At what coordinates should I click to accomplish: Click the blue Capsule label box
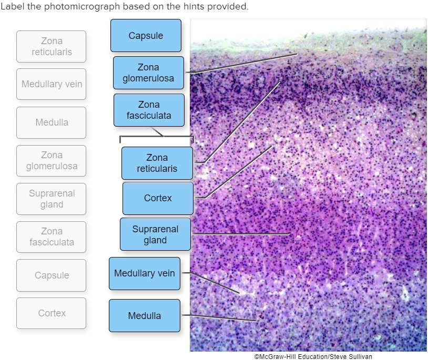(146, 36)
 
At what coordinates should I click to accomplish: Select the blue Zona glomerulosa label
(148, 73)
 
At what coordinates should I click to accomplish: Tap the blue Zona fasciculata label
(149, 110)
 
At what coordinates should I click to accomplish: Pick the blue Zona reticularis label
(157, 163)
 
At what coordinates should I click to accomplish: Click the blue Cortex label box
(158, 198)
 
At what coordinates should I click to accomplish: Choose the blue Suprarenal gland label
(155, 234)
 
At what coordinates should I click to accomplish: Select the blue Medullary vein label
(145, 273)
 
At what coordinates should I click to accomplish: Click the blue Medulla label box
(145, 316)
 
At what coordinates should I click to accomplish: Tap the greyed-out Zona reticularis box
(52, 47)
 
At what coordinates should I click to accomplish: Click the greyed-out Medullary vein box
(52, 84)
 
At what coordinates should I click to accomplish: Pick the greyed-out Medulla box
(52, 122)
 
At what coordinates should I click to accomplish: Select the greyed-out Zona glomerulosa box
(52, 161)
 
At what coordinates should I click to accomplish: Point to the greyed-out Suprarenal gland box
(52, 199)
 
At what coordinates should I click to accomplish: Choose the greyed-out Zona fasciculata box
(52, 237)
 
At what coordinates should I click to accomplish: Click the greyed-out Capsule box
(52, 275)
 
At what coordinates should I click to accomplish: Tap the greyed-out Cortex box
(52, 313)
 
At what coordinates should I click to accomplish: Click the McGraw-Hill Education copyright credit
(313, 356)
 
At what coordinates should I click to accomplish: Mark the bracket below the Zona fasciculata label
(157, 138)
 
